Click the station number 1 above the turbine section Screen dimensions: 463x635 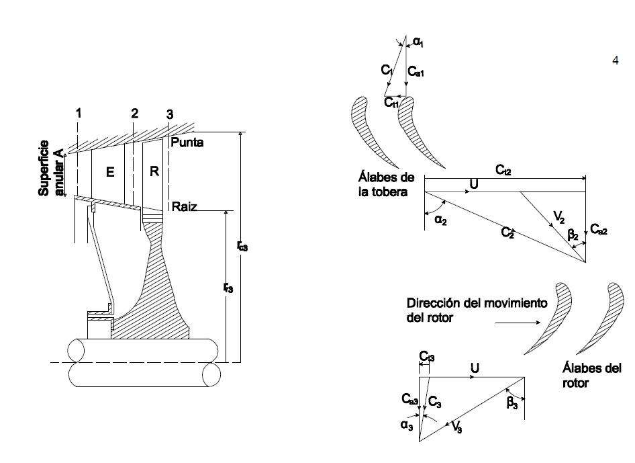click(79, 114)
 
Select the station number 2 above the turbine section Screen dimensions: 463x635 click(134, 114)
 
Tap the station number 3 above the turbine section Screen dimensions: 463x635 click(170, 115)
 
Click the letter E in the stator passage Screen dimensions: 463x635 click(111, 172)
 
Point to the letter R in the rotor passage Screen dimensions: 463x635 click(154, 171)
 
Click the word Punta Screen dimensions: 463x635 click(187, 142)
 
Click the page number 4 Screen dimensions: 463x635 click(616, 60)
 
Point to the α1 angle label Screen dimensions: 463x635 click(418, 42)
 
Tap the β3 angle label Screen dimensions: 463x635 click(511, 405)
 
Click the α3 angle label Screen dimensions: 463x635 click(407, 425)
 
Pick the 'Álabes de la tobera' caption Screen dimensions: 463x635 click(387, 184)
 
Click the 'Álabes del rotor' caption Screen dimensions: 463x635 click(591, 375)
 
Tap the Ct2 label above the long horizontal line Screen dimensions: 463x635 click(503, 171)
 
